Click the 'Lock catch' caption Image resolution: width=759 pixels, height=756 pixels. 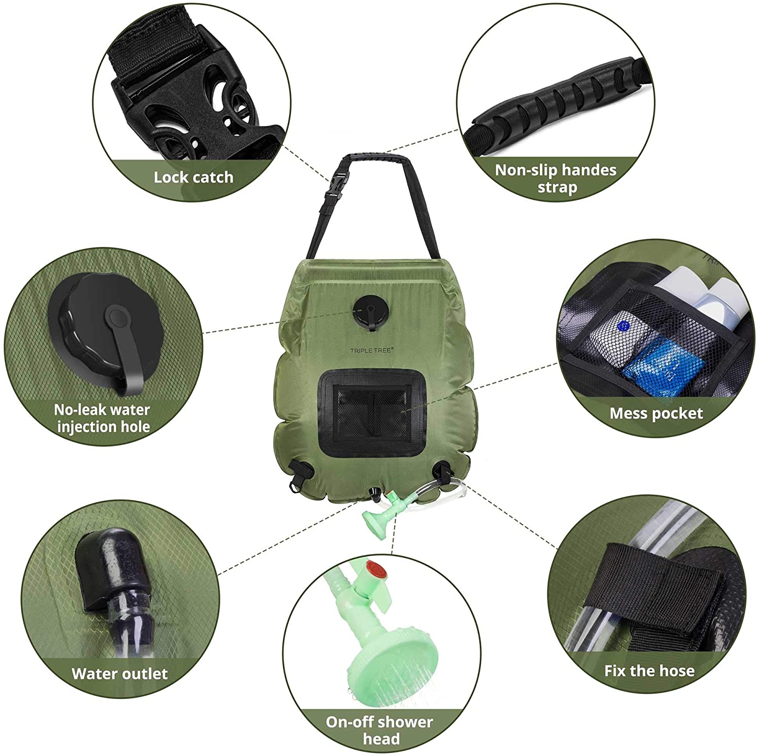[x=193, y=178]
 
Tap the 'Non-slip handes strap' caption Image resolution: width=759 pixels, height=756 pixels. [x=556, y=178]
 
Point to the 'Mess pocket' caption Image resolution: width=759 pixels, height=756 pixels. [x=656, y=413]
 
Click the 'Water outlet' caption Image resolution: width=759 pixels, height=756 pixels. [x=119, y=674]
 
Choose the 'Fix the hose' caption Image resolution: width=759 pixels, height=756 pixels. [x=649, y=671]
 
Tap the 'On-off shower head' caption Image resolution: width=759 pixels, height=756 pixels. [x=379, y=730]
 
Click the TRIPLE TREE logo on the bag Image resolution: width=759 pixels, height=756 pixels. [x=371, y=350]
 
